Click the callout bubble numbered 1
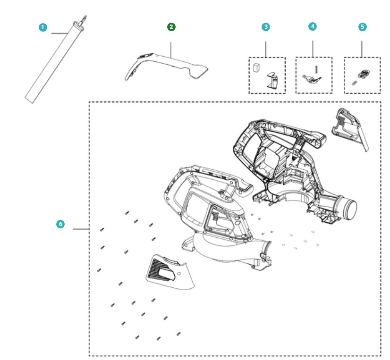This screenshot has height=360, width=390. coord(43,27)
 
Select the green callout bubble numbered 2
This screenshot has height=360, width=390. coord(171,27)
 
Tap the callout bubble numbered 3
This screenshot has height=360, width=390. coord(266,27)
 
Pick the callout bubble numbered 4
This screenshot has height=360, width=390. coord(313,27)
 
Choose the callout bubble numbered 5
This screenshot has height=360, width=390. coord(362,27)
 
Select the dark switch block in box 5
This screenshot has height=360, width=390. coord(364,74)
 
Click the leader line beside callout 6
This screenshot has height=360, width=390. coord(81,229)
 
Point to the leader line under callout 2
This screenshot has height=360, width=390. coord(171,50)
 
